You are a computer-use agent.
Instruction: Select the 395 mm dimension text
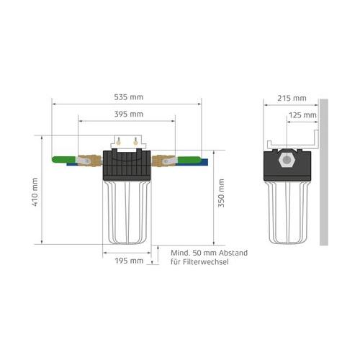coord(128,114)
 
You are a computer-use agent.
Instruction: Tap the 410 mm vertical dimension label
coord(34,191)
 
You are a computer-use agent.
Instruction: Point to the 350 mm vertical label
coord(222,191)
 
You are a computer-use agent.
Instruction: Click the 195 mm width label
coord(130,260)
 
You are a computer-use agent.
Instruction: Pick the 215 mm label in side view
coord(292,97)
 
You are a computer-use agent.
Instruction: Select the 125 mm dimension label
coord(302,114)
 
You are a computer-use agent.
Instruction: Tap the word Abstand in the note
coord(233,253)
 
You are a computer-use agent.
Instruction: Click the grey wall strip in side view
coord(324,173)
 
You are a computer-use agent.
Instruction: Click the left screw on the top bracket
coord(120,142)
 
